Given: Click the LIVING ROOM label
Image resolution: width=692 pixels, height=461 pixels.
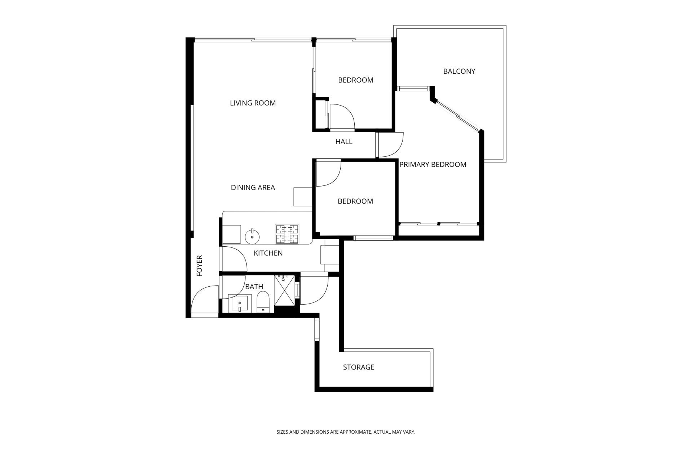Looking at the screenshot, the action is click(x=253, y=103).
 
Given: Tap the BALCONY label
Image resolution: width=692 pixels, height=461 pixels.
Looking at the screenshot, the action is click(x=459, y=71).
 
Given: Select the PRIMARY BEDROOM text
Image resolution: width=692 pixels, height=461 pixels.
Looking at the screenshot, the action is click(x=432, y=165).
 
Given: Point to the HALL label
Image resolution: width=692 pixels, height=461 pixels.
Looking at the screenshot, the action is click(x=344, y=142).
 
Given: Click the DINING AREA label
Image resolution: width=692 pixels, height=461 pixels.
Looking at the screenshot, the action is click(x=253, y=187).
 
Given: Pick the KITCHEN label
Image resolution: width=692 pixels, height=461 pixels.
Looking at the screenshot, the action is click(x=268, y=253).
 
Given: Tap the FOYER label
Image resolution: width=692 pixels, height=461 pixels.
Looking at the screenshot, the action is click(x=199, y=266).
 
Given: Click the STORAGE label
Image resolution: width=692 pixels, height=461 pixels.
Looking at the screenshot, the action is click(x=359, y=367).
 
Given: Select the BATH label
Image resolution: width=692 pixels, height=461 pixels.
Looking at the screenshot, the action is click(x=254, y=287).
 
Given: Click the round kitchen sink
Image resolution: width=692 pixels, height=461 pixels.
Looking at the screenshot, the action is click(x=252, y=237).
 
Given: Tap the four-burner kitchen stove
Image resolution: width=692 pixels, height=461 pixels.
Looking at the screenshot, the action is click(x=287, y=234).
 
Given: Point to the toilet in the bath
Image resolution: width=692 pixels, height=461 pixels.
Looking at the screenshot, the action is click(x=263, y=303).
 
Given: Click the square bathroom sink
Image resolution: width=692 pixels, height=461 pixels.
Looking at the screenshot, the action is click(x=240, y=304).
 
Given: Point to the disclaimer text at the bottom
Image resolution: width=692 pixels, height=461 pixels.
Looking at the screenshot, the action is click(x=346, y=432).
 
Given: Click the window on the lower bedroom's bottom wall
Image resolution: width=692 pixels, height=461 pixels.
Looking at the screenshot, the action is click(x=373, y=238).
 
